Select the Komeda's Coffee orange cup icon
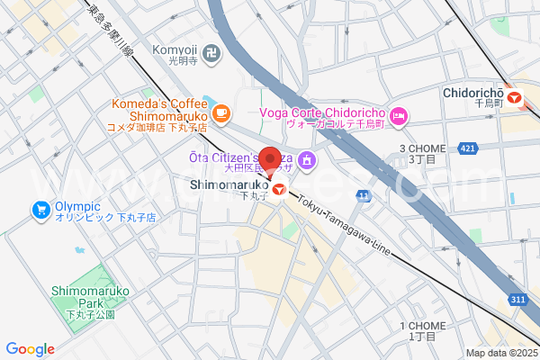(x=221, y=113)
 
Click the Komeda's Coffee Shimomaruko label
(x=158, y=114)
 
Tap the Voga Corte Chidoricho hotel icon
(x=400, y=113)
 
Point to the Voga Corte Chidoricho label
(x=322, y=113)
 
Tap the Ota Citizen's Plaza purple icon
(x=307, y=160)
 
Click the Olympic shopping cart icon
(x=40, y=211)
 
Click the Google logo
(x=30, y=349)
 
